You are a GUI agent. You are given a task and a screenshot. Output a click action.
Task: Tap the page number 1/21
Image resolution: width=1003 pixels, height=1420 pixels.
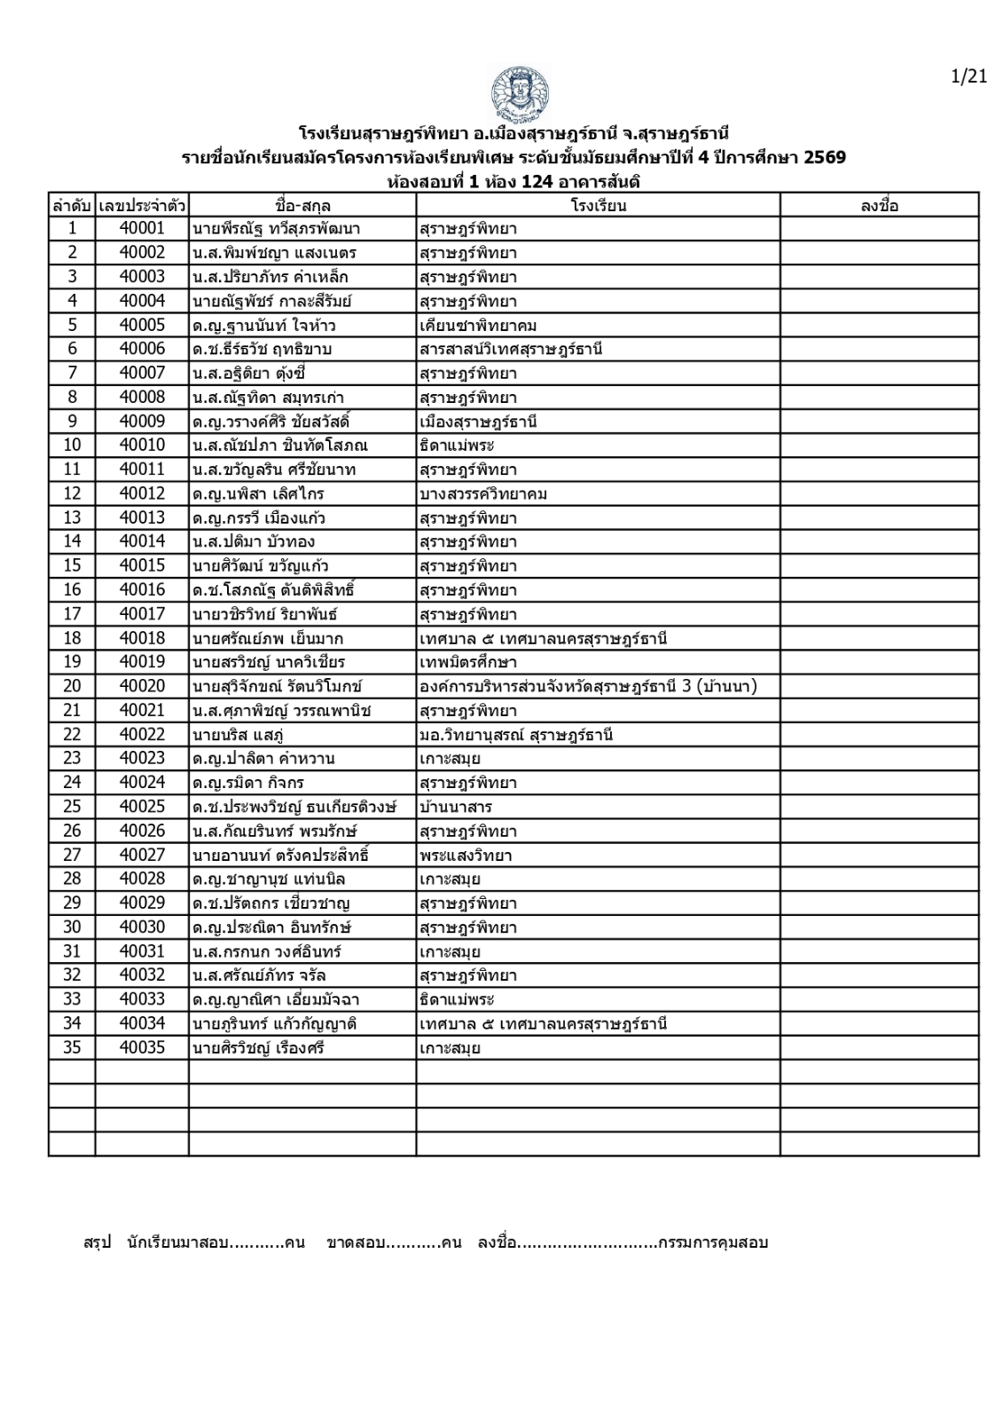coord(968,77)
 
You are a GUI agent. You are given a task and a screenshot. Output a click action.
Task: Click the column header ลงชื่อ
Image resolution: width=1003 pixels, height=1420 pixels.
coord(879,206)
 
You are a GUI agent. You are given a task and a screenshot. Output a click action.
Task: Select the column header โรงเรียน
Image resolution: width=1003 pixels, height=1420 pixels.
coord(599,206)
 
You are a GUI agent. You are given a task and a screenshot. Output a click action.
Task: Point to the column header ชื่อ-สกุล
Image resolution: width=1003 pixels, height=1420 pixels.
coord(302,206)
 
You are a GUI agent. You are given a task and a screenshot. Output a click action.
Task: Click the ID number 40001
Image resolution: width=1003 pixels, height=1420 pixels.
coord(142,229)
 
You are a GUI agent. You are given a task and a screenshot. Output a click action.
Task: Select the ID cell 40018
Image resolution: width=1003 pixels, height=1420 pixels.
coord(142,638)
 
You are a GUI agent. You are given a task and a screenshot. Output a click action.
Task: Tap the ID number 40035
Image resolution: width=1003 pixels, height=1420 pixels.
coord(142,1047)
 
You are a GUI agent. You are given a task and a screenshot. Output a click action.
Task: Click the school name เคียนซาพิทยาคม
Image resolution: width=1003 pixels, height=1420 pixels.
coord(478,325)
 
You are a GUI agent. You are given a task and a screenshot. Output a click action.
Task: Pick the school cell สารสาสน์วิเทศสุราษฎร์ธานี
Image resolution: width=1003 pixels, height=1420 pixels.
coord(511,349)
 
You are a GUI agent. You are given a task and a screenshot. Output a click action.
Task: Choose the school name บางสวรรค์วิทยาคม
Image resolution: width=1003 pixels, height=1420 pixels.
coord(483,493)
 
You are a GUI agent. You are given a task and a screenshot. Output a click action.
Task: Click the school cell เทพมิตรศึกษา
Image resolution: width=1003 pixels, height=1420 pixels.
coord(468,662)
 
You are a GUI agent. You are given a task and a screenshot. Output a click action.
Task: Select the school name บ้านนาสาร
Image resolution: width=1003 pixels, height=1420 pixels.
coord(456,807)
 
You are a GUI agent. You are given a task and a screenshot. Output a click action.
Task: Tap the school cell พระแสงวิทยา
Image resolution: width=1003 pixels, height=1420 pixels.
coord(466,856)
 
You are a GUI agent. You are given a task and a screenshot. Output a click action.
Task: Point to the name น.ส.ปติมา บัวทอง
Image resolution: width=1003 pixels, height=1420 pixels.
coord(254,541)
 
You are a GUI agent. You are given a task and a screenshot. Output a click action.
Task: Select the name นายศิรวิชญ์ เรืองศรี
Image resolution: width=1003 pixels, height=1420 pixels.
coord(258,1048)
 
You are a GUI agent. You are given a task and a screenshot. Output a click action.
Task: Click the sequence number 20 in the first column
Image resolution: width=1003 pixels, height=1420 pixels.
coord(72,686)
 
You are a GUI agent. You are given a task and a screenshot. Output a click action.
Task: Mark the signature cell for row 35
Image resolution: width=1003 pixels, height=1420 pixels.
coord(879,1048)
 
